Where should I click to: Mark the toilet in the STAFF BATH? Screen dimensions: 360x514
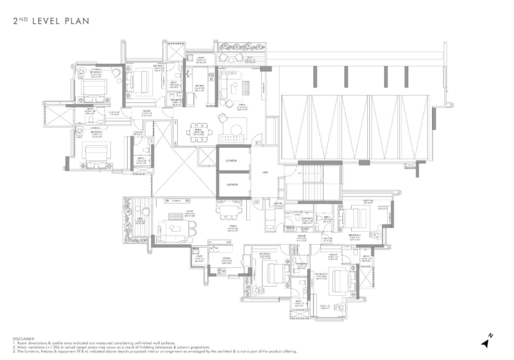click(290, 227)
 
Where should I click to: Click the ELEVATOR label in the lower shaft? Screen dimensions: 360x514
click(232, 184)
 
